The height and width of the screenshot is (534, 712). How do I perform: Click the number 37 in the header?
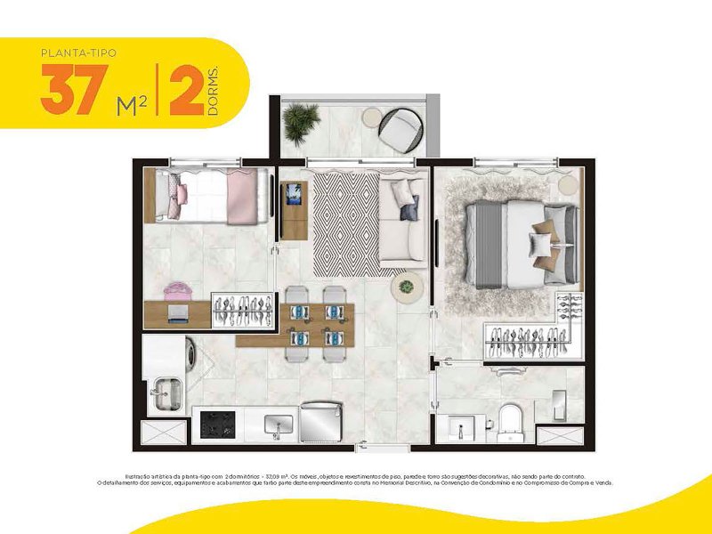pyautogui.click(x=69, y=92)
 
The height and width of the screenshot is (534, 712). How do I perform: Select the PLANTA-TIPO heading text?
pyautogui.click(x=78, y=53)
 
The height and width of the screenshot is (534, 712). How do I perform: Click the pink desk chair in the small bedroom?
pyautogui.click(x=174, y=291)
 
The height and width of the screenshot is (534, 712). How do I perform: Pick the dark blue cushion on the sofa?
pyautogui.click(x=409, y=212)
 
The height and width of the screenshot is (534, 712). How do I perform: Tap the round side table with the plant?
pyautogui.click(x=409, y=287)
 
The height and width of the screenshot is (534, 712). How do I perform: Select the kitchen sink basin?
pyautogui.click(x=279, y=425)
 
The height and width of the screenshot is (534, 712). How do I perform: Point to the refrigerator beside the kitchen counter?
pyautogui.click(x=321, y=419)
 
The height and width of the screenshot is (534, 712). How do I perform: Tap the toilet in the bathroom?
pyautogui.click(x=510, y=422)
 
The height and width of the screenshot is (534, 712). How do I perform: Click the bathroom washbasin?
pyautogui.click(x=462, y=425)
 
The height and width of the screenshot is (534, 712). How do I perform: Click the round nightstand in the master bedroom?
pyautogui.click(x=568, y=184)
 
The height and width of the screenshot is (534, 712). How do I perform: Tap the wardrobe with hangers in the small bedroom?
pyautogui.click(x=240, y=308)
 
